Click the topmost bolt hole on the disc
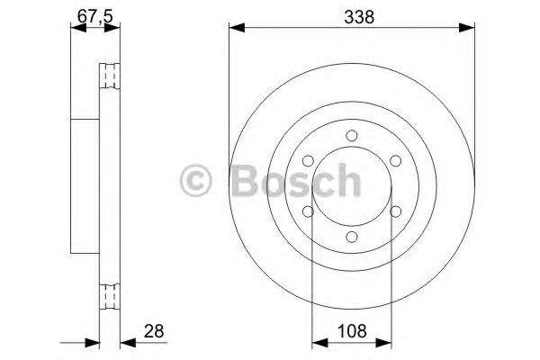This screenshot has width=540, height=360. [x=351, y=136]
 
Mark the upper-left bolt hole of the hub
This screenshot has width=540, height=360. [x=310, y=159]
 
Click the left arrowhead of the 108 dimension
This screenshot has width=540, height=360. [x=317, y=342]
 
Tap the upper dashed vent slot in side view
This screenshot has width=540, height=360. [x=109, y=77]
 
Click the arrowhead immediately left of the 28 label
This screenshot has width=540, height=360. [x=125, y=342]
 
